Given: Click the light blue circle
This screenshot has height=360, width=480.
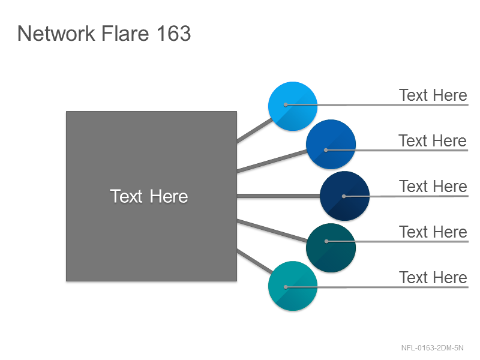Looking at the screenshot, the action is (x=293, y=106).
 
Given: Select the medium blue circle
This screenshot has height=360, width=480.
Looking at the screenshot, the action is (x=331, y=144).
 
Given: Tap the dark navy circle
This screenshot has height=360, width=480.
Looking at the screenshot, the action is (x=344, y=196).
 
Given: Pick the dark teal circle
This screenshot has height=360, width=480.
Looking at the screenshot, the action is (x=331, y=248).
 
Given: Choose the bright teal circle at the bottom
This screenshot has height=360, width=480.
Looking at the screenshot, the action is (x=293, y=286).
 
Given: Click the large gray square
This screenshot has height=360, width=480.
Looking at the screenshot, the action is (x=152, y=196).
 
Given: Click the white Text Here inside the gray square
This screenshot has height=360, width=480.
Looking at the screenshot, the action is (x=149, y=196).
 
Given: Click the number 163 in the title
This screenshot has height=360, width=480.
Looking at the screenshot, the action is (x=174, y=33).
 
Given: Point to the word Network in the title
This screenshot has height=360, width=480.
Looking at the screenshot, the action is (x=56, y=33).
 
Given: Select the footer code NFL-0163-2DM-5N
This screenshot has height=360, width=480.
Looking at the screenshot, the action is (x=432, y=348).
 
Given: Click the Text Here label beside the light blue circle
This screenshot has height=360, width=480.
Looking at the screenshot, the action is (x=433, y=95).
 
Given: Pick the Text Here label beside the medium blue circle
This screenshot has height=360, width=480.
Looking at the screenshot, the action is (x=433, y=141).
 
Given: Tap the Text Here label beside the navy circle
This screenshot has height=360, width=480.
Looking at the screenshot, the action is (x=433, y=187).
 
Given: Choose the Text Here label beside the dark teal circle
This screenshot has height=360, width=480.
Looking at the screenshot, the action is (x=433, y=232).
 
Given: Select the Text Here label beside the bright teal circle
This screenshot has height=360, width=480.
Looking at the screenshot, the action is (x=433, y=278).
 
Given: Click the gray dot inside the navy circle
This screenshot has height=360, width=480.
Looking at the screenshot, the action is (x=344, y=196).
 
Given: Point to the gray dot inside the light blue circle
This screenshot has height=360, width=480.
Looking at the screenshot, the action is (x=286, y=104).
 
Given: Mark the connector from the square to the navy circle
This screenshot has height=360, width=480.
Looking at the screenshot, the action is (x=278, y=196).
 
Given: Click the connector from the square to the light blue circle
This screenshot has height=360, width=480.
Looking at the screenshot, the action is (x=254, y=130).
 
